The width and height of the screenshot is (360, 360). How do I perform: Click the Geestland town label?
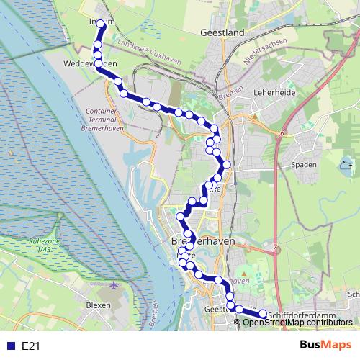[x=223, y=32]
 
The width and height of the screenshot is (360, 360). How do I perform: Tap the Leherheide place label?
[x=271, y=93]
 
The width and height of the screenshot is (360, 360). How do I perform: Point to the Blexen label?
[x=99, y=305]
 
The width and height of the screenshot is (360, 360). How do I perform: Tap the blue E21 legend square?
[x=10, y=346]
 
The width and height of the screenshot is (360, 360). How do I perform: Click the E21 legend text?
[x=30, y=346]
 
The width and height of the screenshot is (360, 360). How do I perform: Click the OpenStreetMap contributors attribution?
[x=297, y=323]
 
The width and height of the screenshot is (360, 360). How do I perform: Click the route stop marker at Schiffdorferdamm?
[x=263, y=314]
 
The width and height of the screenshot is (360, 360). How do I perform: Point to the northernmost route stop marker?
[x=102, y=24]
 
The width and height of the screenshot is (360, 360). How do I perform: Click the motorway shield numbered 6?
[x=284, y=133]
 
